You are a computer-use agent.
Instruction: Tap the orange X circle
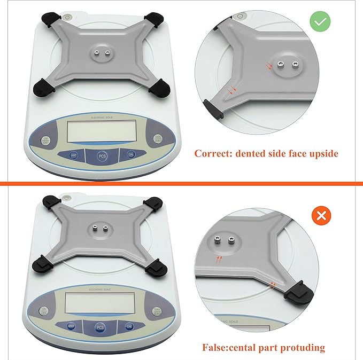(321, 216)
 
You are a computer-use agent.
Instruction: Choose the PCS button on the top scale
(102, 156)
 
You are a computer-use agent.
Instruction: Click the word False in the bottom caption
(216, 347)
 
